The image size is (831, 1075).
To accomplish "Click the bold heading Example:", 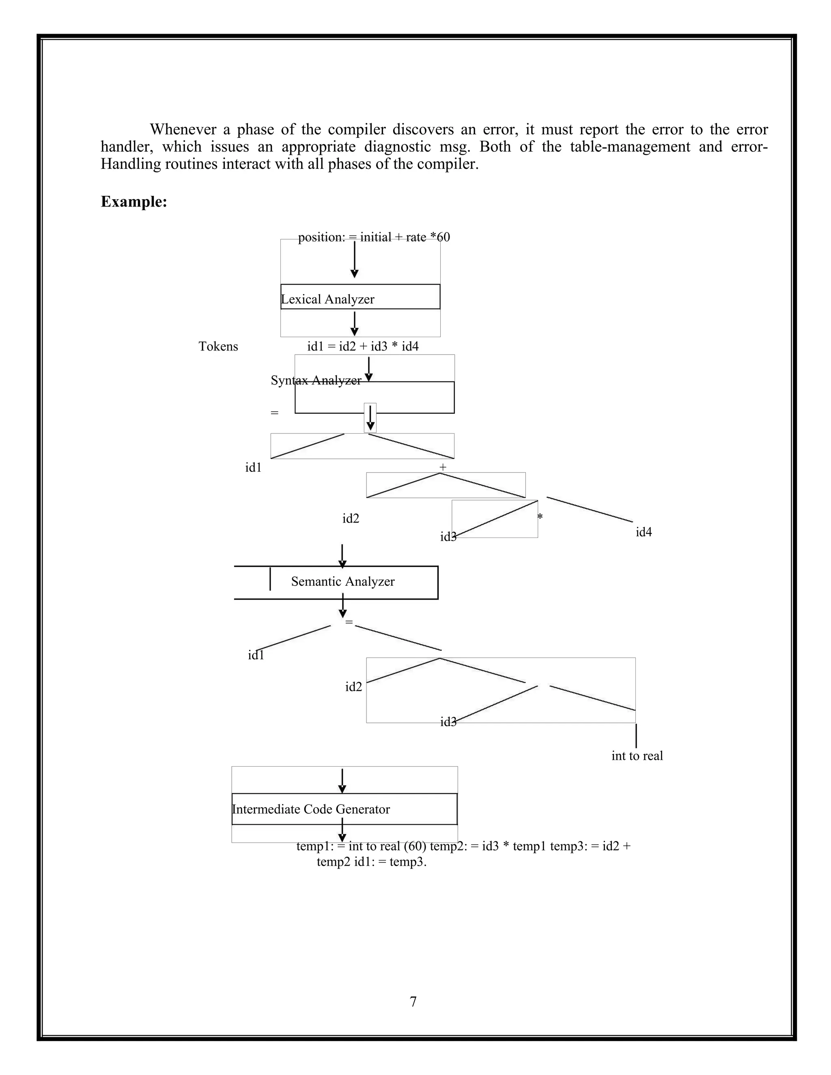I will tap(134, 202).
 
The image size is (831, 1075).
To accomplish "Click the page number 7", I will tap(413, 1002).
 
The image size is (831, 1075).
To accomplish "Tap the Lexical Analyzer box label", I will tap(327, 299).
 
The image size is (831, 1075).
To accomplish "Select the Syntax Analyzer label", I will tap(316, 380).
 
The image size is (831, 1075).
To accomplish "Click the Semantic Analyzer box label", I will tap(342, 581).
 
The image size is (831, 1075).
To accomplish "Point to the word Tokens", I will tap(218, 346).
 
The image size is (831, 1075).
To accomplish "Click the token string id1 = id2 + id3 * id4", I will tap(363, 346).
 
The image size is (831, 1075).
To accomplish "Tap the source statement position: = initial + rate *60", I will tap(374, 237).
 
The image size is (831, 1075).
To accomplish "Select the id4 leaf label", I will tap(644, 532).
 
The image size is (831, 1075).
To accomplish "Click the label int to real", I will tap(637, 756).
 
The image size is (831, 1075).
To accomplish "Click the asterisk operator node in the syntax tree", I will tap(540, 517).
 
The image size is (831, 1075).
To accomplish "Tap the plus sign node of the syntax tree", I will tap(443, 467).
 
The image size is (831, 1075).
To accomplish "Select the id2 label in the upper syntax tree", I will tap(351, 518).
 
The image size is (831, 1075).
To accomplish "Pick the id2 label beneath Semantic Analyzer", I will tap(353, 687).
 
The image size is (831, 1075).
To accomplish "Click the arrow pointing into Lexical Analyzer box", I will tap(354, 261).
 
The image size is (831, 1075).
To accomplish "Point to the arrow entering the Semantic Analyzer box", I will tap(342, 556).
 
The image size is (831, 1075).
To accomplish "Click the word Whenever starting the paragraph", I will tap(183, 129).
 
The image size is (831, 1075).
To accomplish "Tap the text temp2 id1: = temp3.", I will tap(371, 862).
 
